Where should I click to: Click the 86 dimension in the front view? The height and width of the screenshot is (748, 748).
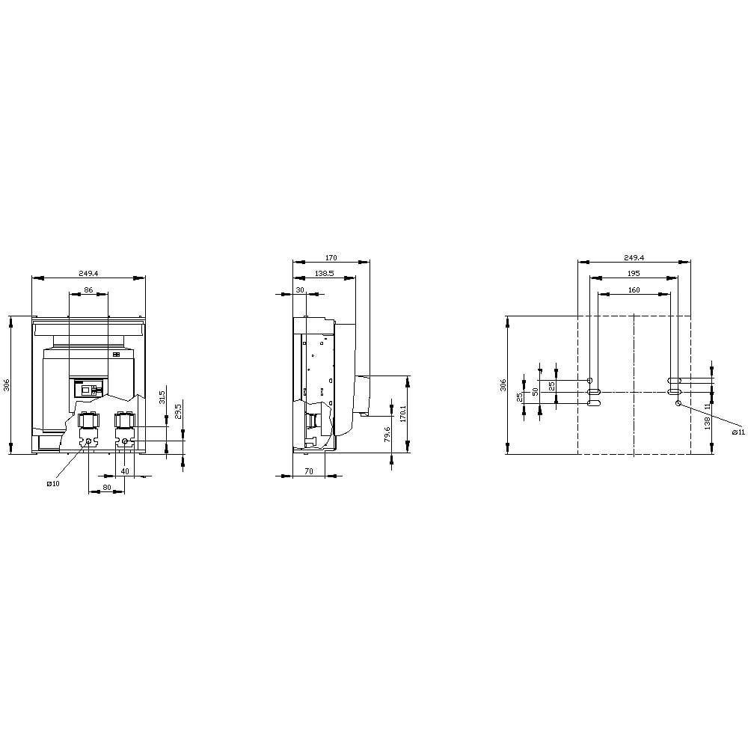(x=88, y=289)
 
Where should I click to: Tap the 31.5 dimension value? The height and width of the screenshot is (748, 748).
(x=162, y=397)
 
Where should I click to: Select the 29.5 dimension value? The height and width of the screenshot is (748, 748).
(x=178, y=411)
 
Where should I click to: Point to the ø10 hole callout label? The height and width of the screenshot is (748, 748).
(x=53, y=483)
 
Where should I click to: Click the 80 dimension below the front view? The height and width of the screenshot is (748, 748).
(x=107, y=487)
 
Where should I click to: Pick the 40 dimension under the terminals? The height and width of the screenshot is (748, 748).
(x=124, y=470)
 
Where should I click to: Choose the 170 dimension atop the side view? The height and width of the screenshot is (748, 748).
(x=331, y=257)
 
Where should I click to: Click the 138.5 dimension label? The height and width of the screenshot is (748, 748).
(x=325, y=273)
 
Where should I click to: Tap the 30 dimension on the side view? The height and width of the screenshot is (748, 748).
(x=300, y=289)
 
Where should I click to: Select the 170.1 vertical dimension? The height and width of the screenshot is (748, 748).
(x=402, y=414)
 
